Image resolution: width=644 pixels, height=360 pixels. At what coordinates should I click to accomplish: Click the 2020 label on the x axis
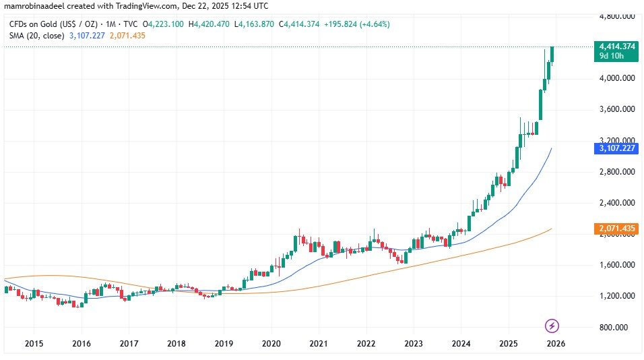(x=271, y=343)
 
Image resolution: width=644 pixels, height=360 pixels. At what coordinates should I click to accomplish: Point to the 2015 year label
(x=34, y=343)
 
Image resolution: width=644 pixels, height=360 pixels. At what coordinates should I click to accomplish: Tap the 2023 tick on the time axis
(x=414, y=343)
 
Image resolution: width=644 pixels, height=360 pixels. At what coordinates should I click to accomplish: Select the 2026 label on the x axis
(x=555, y=343)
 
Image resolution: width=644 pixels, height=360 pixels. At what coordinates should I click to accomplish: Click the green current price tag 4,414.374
(x=617, y=46)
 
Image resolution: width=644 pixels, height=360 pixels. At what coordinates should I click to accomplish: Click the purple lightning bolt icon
(x=552, y=326)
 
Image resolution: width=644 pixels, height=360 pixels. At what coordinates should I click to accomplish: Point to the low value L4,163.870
(x=262, y=24)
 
